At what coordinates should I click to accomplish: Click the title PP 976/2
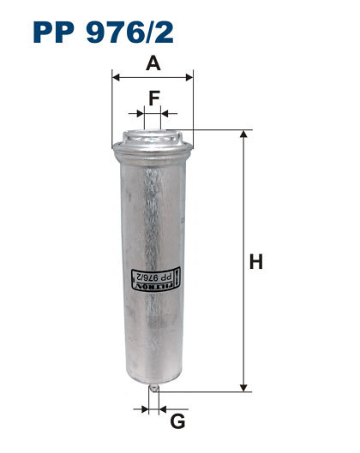[x=103, y=32]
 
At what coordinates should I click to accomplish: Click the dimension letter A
[x=153, y=63]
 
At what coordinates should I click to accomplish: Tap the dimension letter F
[x=154, y=98]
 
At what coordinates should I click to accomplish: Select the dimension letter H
[x=256, y=261]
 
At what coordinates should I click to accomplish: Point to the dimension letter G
[x=177, y=421]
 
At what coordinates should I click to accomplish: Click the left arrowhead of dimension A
[x=116, y=77]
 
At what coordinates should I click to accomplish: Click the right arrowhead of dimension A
[x=189, y=77]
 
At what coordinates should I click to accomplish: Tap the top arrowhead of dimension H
[x=243, y=134]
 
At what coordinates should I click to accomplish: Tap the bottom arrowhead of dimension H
[x=243, y=388]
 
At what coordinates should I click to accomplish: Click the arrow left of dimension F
[x=136, y=114]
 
